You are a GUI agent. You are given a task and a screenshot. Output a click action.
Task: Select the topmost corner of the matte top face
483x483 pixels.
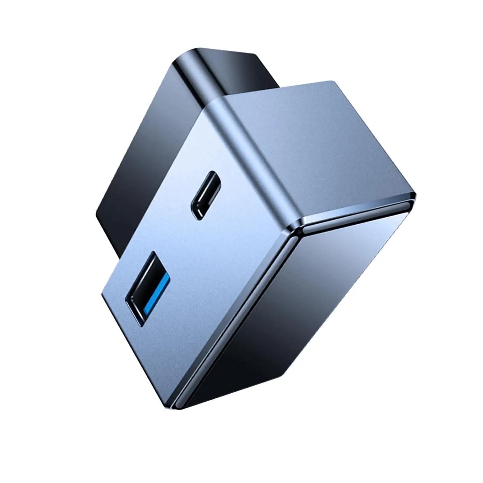[x=332, y=82]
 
